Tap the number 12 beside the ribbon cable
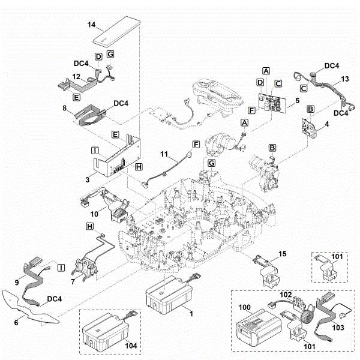click(76, 76)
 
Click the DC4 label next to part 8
click(120, 104)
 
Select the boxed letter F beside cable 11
click(195, 145)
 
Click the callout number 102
click(285, 295)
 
